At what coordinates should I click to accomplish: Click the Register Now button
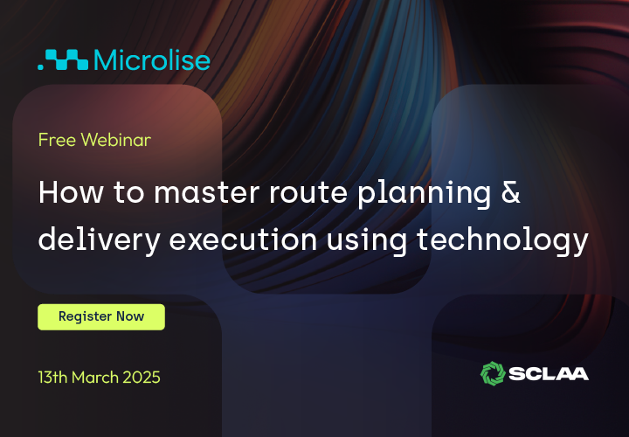[101, 317]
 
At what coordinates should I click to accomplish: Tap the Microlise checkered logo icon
[63, 59]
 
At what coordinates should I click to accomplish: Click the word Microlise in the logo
[152, 59]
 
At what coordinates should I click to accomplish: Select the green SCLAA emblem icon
[493, 373]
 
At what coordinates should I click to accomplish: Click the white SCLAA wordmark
[549, 374]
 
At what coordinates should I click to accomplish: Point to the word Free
[57, 140]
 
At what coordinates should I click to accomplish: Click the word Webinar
[116, 140]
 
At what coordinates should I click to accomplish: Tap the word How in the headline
[71, 192]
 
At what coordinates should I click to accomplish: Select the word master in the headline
[207, 192]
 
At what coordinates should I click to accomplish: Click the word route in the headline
[308, 193]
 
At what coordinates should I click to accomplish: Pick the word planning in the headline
[424, 195]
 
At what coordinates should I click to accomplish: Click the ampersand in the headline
[511, 191]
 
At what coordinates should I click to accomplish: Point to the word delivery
[100, 240]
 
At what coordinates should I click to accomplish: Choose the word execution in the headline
[243, 240]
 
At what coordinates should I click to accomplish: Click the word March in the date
[95, 378]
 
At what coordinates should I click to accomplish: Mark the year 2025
[142, 378]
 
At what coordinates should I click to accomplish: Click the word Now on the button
[130, 316]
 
